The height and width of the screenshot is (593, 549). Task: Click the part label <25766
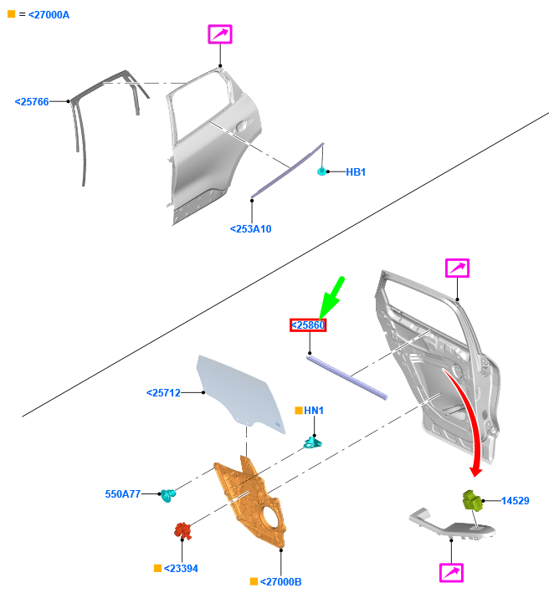32,102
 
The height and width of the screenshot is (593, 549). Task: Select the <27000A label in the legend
49,15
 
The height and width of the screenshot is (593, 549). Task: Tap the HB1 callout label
356,172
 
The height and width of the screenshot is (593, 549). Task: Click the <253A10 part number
251,229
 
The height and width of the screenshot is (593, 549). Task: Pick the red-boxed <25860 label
308,325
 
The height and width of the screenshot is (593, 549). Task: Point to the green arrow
331,298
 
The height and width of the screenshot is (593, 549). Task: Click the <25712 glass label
163,393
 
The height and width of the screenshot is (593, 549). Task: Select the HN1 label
314,411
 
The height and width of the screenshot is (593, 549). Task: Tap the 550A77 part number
123,494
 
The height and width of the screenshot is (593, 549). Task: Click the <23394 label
181,569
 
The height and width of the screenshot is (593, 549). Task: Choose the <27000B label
280,581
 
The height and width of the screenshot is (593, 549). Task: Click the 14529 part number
516,501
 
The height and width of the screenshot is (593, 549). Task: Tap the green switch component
473,501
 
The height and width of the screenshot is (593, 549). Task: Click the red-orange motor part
182,530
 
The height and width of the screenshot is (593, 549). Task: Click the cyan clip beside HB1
321,171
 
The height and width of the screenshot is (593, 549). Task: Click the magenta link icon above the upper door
220,34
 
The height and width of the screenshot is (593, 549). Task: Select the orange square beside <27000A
12,14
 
